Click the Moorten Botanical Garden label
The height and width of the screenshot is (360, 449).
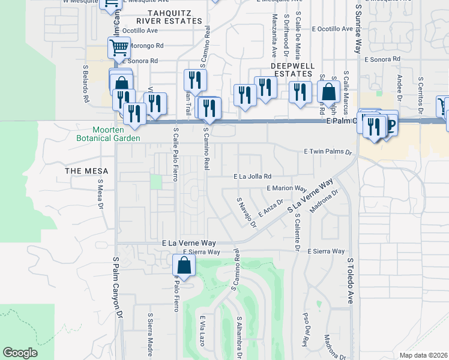116,134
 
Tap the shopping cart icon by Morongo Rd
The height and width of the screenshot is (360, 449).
119,46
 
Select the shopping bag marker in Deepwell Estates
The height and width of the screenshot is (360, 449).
328,92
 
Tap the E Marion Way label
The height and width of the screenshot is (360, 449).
287,188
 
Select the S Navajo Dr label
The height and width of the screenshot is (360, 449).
246,213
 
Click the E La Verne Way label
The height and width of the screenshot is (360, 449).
185,242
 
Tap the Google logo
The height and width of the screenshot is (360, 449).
20,353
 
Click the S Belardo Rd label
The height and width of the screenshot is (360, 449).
86,88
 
